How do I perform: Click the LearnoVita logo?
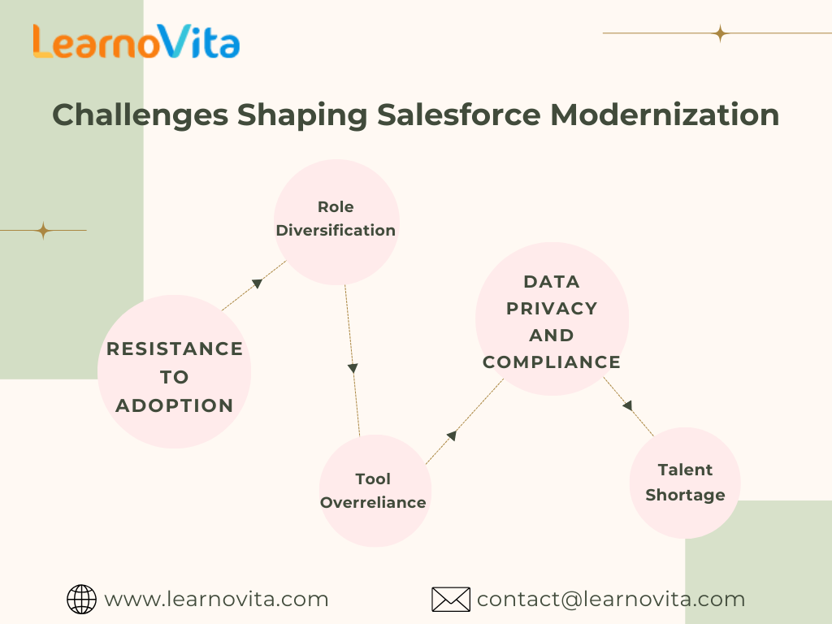(x=136, y=41)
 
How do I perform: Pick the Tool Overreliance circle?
(x=374, y=490)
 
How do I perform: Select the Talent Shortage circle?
(x=685, y=482)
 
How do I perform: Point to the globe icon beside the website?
(x=81, y=600)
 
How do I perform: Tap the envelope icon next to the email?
(x=451, y=600)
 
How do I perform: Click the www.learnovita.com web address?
(x=216, y=600)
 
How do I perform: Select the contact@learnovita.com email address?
(x=610, y=600)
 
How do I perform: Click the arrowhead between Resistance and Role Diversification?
(x=257, y=284)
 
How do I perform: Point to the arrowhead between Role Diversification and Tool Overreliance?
(x=353, y=368)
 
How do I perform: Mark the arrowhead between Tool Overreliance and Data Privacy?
(x=452, y=435)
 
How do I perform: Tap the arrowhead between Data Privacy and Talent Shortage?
(x=627, y=405)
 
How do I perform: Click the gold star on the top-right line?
(x=719, y=33)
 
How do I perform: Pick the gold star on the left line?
(x=43, y=231)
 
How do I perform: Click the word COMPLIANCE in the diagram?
(x=552, y=362)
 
